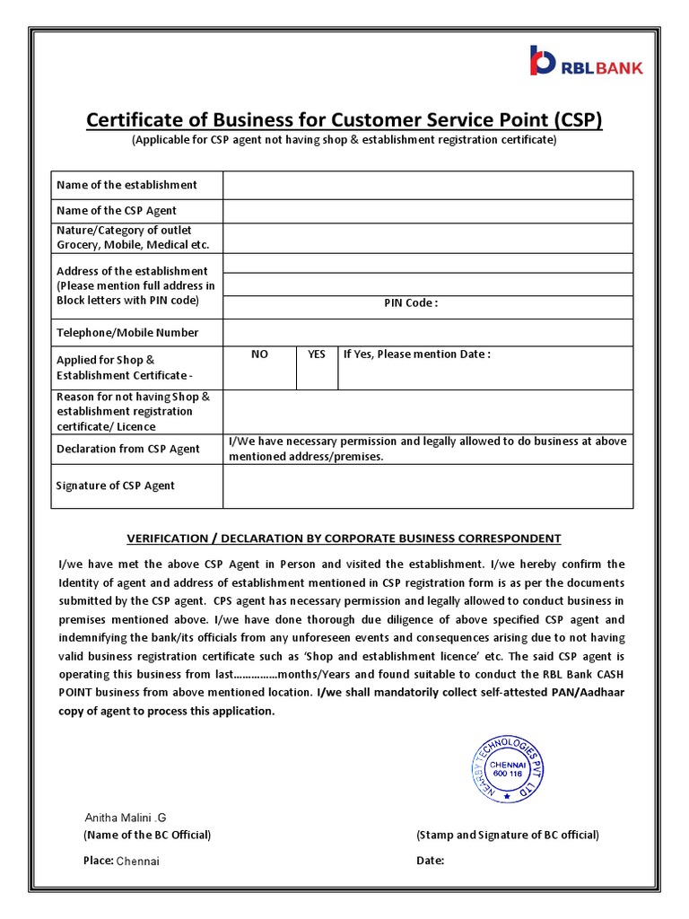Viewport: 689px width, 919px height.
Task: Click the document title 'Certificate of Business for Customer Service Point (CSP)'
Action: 344,119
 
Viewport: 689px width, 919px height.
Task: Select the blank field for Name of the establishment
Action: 428,185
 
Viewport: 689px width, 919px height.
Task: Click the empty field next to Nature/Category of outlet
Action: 428,238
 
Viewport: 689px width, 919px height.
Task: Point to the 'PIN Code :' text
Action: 411,303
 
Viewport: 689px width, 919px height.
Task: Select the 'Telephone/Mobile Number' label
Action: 127,332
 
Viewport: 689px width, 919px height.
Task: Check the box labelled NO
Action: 259,367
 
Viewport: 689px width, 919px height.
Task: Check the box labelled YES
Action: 317,367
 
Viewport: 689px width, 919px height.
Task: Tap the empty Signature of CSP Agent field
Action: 428,486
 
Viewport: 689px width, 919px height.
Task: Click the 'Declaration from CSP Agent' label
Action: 128,449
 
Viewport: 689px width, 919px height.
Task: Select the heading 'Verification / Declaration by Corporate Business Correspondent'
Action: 344,538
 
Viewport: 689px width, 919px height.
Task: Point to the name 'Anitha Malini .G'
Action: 126,818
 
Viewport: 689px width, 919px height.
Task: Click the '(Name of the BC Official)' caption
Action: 147,835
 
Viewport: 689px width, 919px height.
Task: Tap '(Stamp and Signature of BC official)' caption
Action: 508,835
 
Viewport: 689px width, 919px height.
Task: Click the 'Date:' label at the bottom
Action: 431,861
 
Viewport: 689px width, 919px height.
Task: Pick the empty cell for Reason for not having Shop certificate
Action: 428,412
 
